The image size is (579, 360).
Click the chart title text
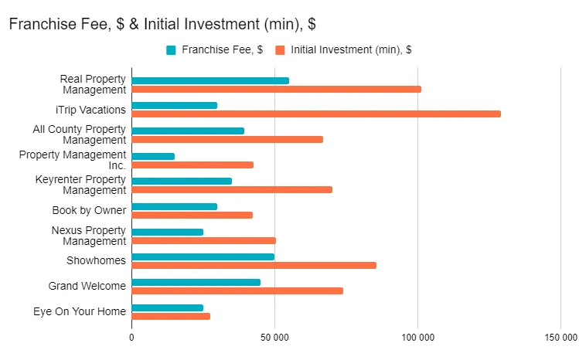(x=162, y=24)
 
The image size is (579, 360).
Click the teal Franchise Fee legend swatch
(x=171, y=50)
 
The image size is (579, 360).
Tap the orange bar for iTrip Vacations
(x=316, y=114)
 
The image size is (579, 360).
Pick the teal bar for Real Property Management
(x=210, y=80)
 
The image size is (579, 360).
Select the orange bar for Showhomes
(x=254, y=265)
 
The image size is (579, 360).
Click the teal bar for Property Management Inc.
(x=153, y=156)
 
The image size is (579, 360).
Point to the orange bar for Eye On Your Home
(x=171, y=316)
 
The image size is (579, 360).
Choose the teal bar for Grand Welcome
(x=196, y=282)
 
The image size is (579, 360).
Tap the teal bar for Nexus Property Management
(x=167, y=232)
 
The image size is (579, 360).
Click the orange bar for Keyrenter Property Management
(x=232, y=189)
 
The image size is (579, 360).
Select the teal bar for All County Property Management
(x=188, y=131)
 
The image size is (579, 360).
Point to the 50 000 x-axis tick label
(x=274, y=338)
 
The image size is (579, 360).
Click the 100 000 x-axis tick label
(x=417, y=338)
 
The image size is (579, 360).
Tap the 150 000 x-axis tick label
(x=560, y=338)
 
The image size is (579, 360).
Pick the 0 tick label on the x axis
(x=131, y=338)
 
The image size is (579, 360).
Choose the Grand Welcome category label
(x=87, y=286)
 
